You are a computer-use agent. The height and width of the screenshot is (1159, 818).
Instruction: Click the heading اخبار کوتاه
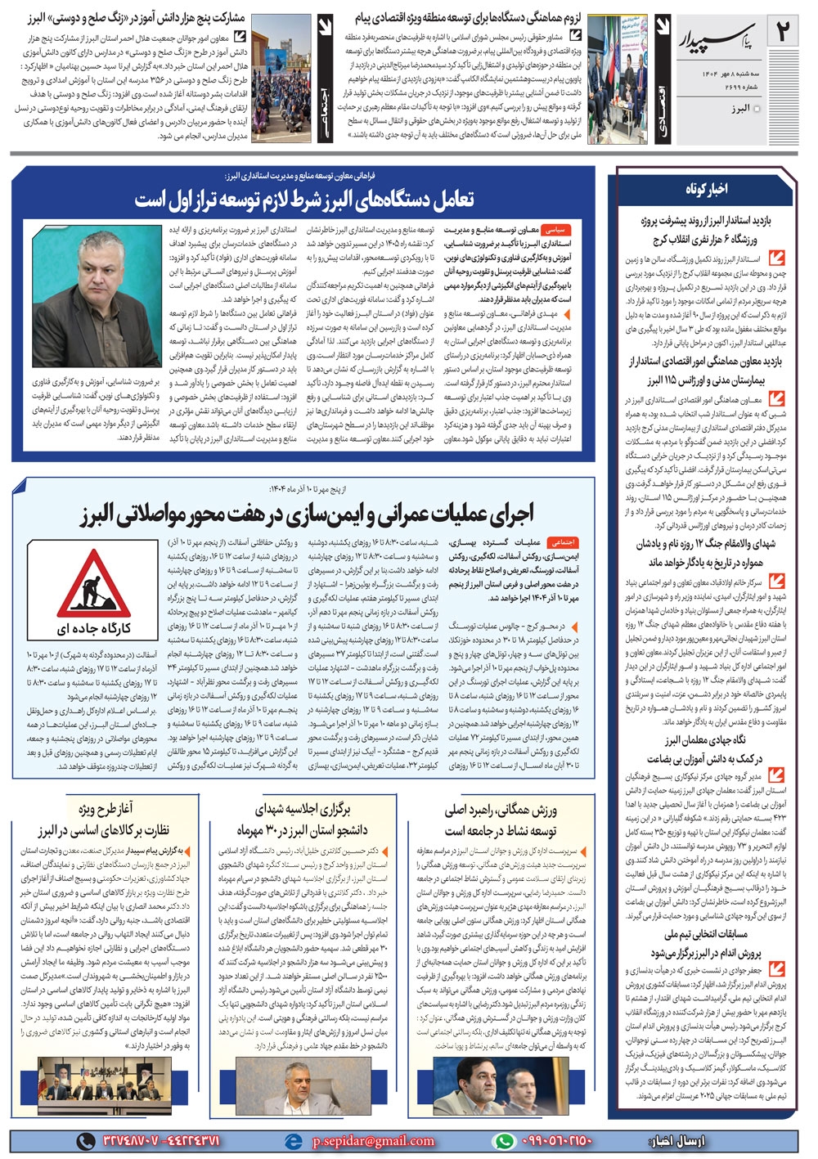pos(705,189)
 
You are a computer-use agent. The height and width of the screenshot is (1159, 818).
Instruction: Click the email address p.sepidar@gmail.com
pos(373,1141)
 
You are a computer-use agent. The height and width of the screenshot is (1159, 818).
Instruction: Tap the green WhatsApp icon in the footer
pos(505,1141)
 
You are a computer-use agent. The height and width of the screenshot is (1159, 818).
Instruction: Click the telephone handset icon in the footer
pos(85,1141)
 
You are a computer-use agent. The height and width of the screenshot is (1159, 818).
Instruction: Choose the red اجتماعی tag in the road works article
pos(563,541)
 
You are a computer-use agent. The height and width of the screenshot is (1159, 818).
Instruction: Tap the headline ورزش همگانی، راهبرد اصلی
pos(501,810)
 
